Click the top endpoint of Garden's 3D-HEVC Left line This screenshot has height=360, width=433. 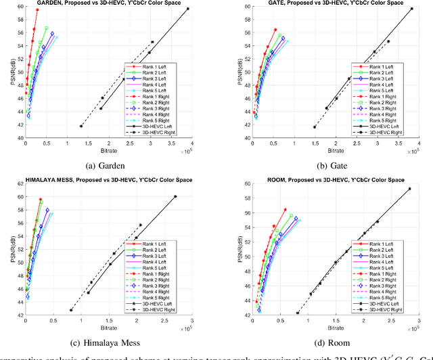pyautogui.click(x=188, y=9)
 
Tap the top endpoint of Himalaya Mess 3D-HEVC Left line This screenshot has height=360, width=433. pyautogui.click(x=175, y=196)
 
